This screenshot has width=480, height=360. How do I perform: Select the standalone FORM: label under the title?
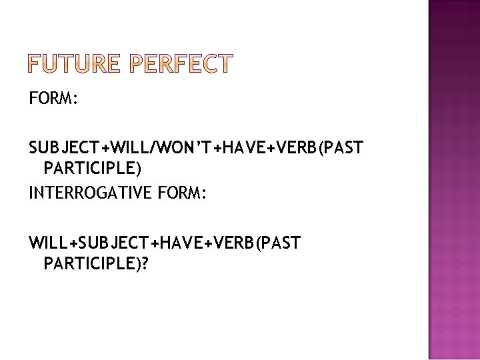(x=54, y=100)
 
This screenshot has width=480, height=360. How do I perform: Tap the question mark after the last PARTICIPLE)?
(x=145, y=264)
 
